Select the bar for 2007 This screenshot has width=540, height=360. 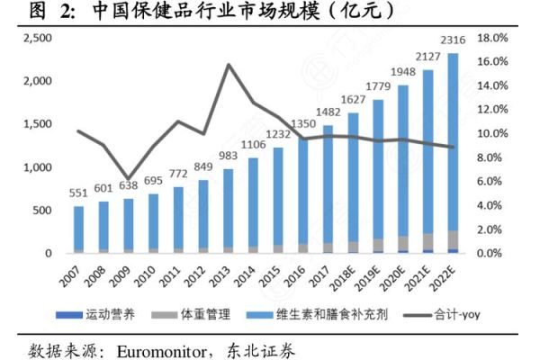(79, 229)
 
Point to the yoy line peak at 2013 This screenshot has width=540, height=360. (229, 65)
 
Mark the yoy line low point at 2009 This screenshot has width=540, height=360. (130, 179)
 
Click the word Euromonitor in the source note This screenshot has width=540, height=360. (169, 347)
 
